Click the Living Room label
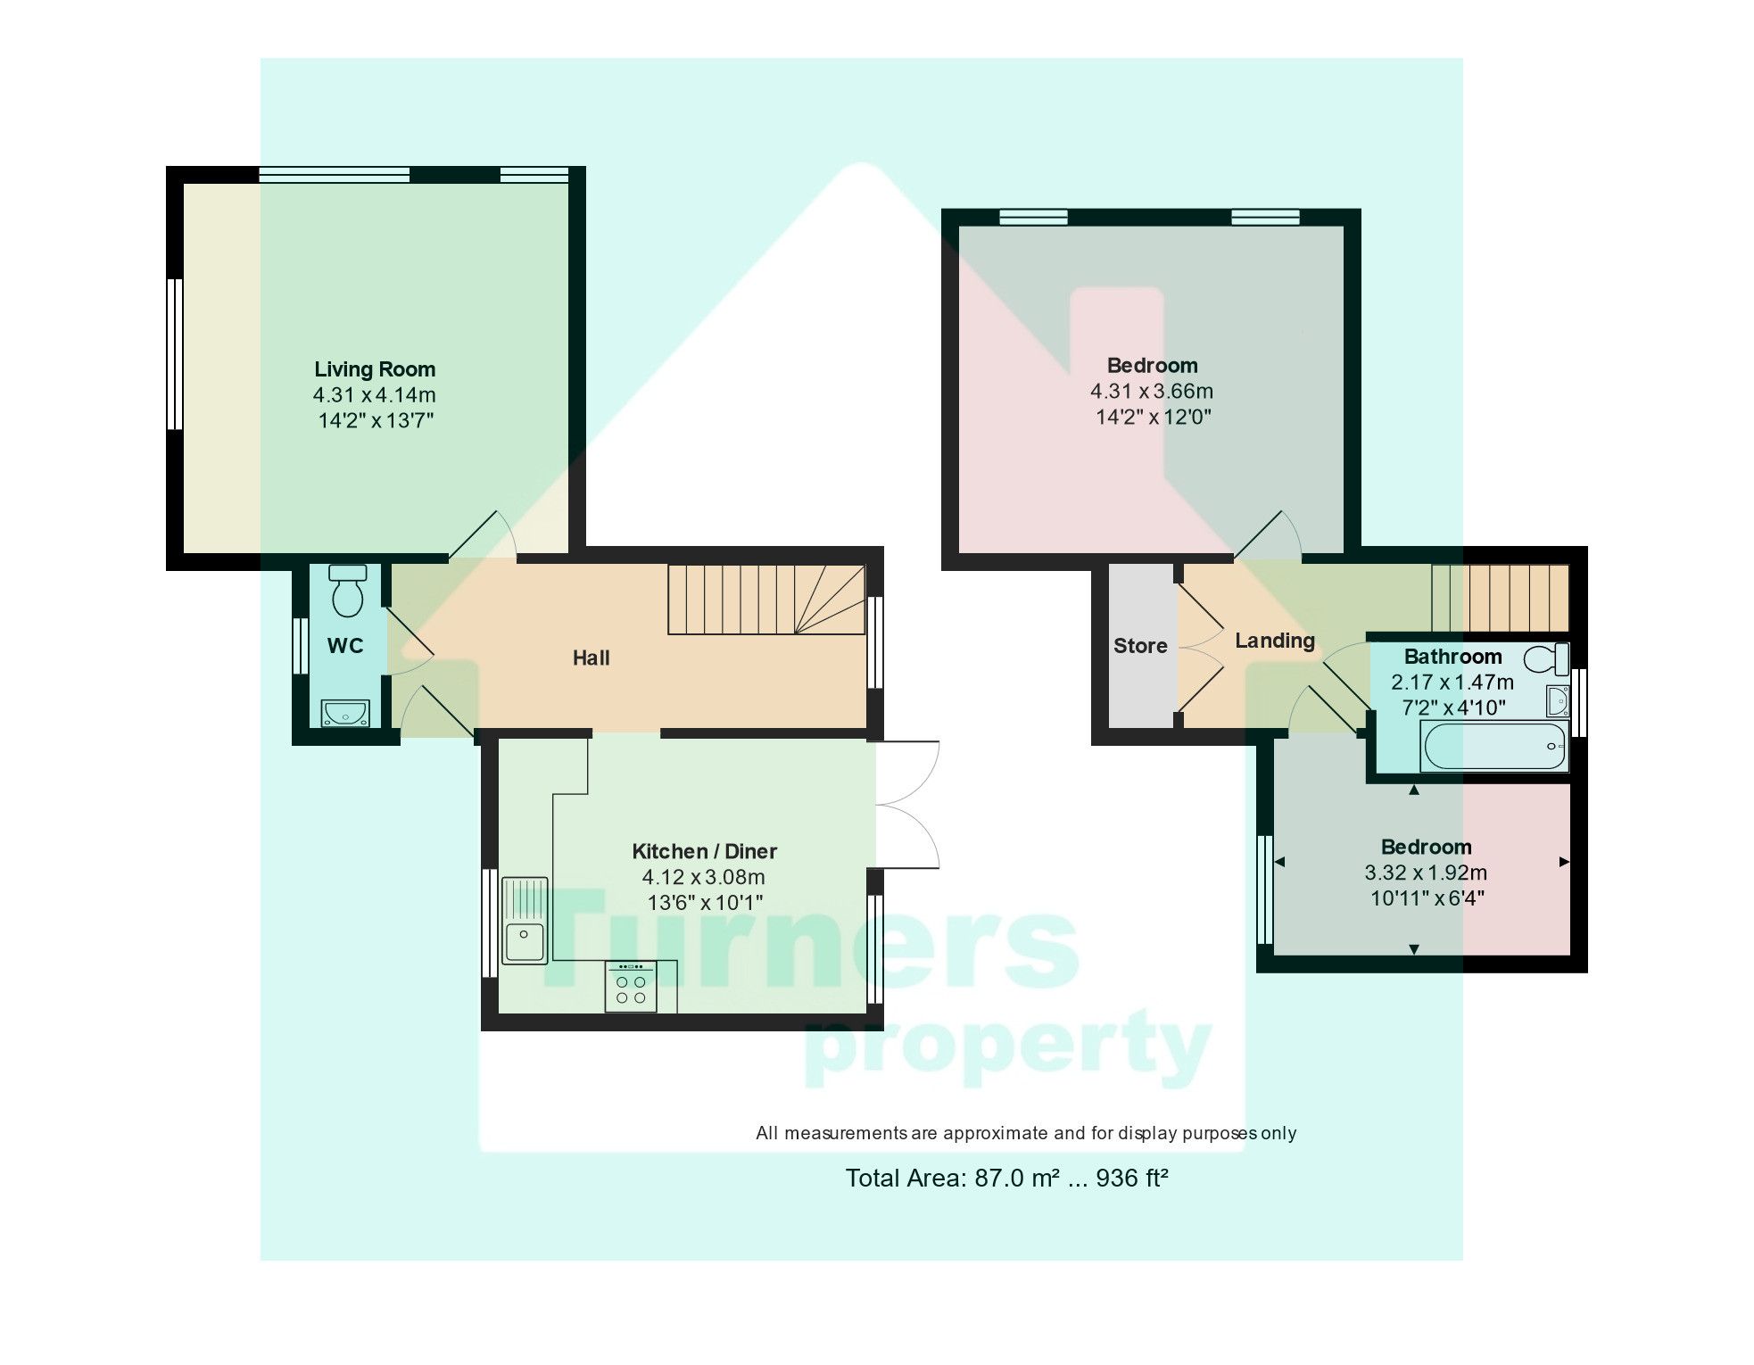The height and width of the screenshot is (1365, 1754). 375,369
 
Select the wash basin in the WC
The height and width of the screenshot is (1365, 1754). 345,713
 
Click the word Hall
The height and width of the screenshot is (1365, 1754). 591,658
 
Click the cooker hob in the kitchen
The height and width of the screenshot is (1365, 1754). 631,987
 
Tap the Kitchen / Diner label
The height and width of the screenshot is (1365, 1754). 704,851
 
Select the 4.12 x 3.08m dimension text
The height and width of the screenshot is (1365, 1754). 704,877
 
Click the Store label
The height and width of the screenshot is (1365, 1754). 1140,646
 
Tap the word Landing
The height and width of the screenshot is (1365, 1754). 1274,641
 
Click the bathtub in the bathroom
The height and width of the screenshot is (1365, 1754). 1494,746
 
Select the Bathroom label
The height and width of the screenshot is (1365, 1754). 1452,657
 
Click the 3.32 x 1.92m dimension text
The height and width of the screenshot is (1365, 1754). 1426,873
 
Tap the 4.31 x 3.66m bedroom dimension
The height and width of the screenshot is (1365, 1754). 1151,391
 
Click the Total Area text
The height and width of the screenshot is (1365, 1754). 1006,1179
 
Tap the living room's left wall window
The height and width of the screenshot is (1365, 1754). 176,354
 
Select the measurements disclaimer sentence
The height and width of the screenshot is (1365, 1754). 1025,1133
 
